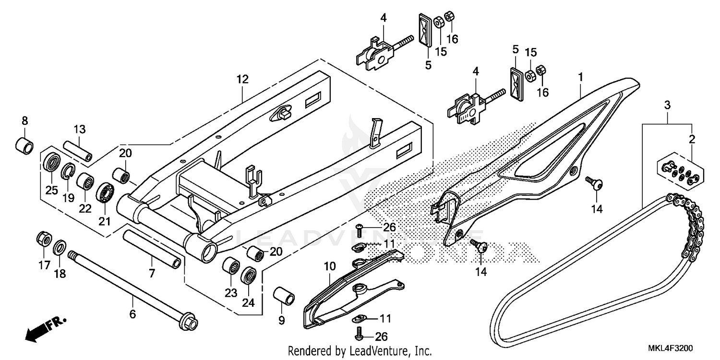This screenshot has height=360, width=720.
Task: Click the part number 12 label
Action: tap(242, 80)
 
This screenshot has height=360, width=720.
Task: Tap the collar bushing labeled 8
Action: tap(25, 145)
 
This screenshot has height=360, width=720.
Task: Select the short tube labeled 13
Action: tap(78, 151)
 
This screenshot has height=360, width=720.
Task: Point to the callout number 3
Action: tap(667, 105)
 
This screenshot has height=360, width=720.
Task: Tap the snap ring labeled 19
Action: tap(68, 170)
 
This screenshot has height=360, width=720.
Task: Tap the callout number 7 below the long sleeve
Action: tap(152, 274)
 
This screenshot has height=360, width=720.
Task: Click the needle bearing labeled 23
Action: tap(232, 265)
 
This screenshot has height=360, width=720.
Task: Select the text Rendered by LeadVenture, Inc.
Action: tap(360, 351)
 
